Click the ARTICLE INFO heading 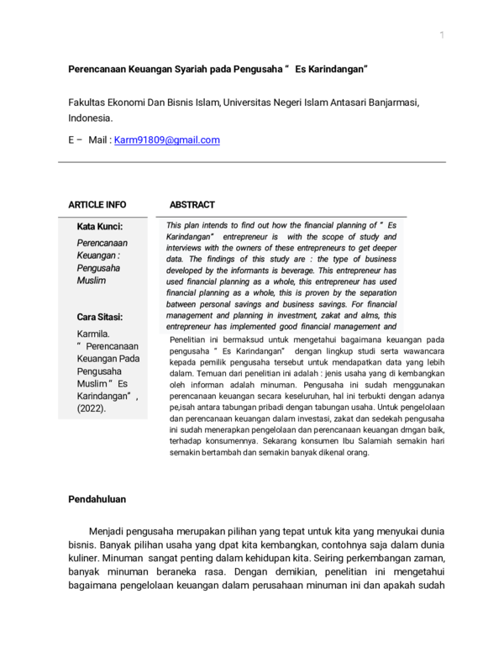[x=97, y=204]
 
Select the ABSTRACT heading [x=192, y=204]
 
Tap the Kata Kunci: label [x=100, y=227]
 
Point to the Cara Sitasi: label [x=100, y=317]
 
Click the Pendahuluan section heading [x=97, y=499]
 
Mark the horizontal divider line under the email [x=251, y=162]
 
